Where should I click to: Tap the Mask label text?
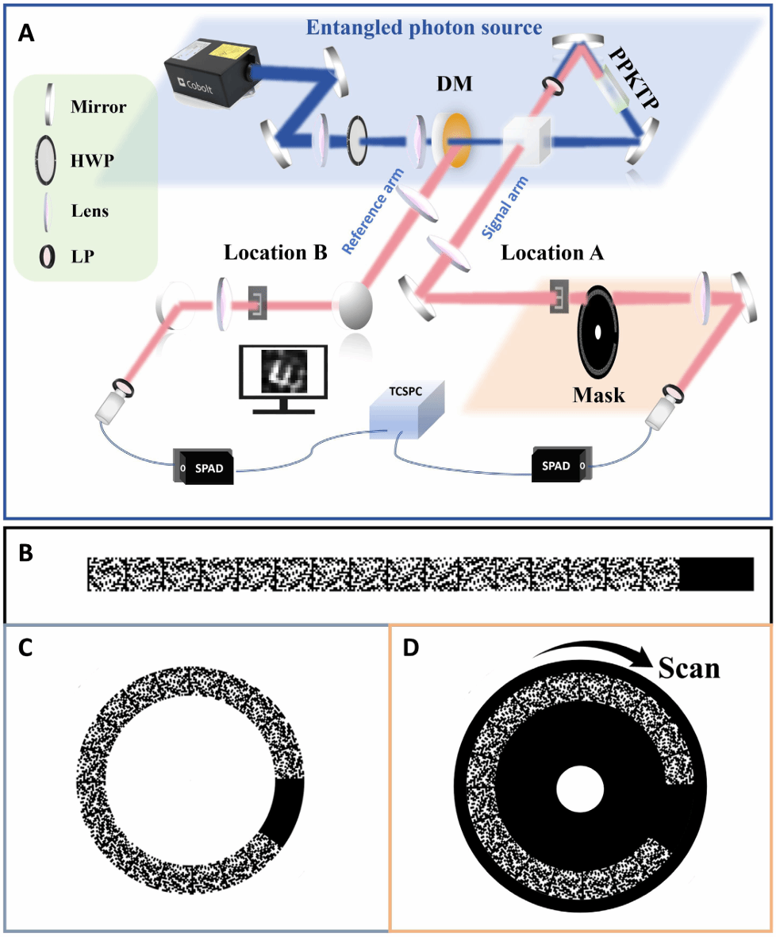point(598,394)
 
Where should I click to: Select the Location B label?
point(275,255)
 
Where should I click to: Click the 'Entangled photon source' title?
point(424,28)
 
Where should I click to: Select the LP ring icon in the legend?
point(49,255)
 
